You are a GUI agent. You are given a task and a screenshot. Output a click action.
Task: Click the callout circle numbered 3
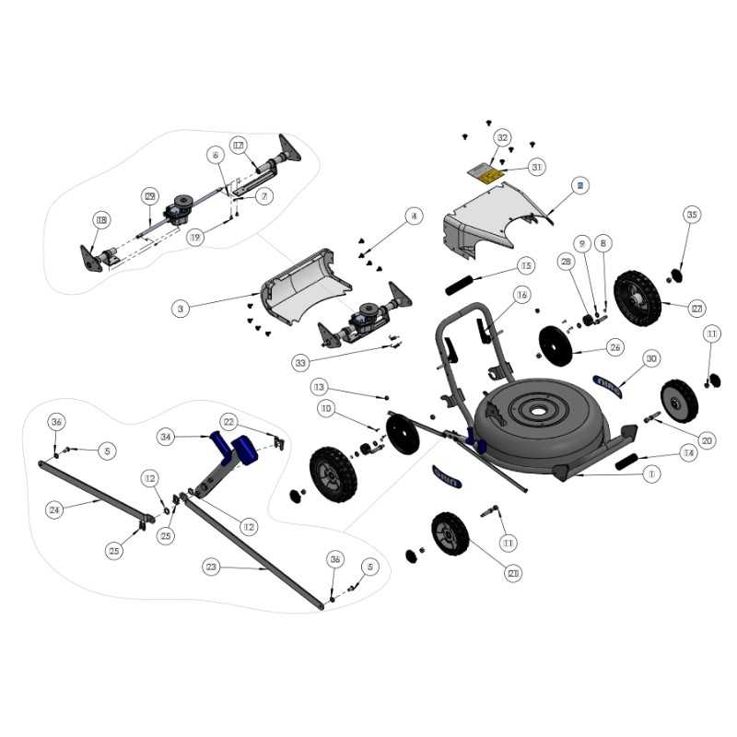pos(181,309)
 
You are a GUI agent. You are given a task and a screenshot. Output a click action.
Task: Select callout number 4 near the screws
pos(415,216)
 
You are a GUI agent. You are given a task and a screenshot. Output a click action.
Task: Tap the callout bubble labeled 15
pos(525,266)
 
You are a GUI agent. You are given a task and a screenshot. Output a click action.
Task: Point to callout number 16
pos(521,296)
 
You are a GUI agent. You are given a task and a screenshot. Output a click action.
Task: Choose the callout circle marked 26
pos(614,347)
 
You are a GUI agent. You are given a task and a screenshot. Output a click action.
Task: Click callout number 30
pos(651,358)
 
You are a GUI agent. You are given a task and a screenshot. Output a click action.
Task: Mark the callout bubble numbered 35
pos(692,215)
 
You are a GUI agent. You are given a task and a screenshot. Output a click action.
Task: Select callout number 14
pos(688,452)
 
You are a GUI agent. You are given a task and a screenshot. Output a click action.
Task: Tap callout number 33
pos(300,363)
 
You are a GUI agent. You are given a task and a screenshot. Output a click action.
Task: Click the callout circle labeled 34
pos(166,436)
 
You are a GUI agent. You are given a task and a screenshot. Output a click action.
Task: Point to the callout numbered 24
pos(54,509)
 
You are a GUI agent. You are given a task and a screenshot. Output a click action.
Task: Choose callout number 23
pos(212,568)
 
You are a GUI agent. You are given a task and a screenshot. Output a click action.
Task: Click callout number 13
pos(319,386)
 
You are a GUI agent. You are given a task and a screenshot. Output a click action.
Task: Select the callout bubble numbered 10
pos(325,407)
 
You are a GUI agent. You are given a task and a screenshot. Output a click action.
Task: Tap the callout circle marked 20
pos(707,440)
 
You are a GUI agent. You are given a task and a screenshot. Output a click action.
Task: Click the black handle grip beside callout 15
pos(462,284)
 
